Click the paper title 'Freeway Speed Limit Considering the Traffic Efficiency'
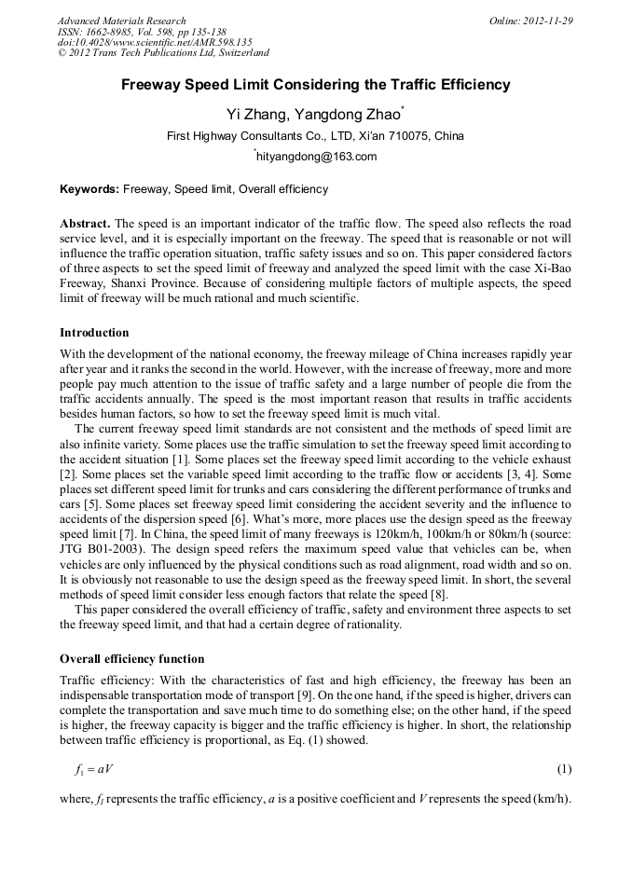coord(315,85)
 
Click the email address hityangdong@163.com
coord(316,157)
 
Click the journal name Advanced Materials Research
coord(121,21)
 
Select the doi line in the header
coord(155,43)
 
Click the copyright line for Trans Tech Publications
coord(163,53)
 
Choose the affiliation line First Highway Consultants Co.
coord(315,136)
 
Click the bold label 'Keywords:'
coord(89,189)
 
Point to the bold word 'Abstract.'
coord(85,226)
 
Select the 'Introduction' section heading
coord(94,333)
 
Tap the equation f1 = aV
coord(94,769)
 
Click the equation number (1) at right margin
coord(564,769)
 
